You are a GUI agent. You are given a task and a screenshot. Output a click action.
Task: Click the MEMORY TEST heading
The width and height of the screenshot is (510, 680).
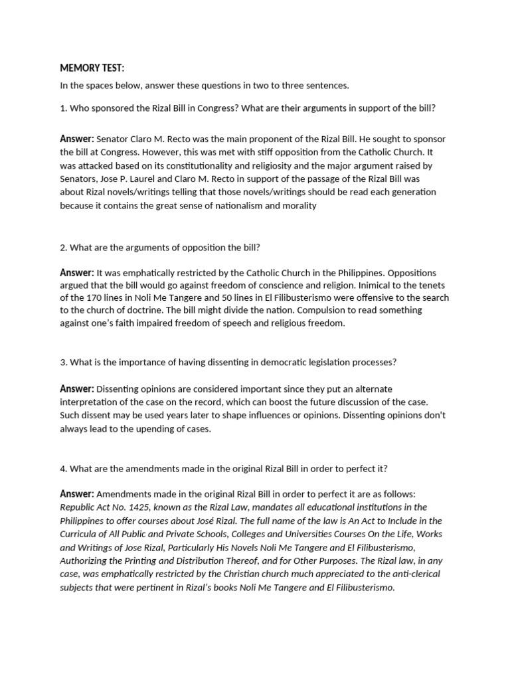pos(92,68)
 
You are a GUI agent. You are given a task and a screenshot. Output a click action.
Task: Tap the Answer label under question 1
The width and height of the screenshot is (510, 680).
pos(77,139)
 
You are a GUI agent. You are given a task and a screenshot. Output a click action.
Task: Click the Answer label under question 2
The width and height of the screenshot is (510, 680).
pos(77,272)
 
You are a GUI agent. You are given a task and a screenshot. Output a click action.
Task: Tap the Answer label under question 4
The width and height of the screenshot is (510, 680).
pos(77,494)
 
